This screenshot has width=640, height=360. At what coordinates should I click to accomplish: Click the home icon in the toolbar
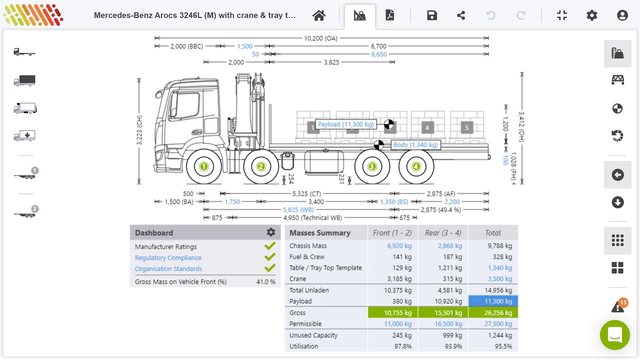coord(319,15)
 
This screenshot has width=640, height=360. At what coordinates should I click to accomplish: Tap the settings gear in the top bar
coord(592,15)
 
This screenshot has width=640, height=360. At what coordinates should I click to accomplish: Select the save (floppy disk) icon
coord(432,15)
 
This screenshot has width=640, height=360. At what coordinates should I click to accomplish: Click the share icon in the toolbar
coord(461,15)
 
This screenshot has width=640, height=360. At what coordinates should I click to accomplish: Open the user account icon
coord(622,15)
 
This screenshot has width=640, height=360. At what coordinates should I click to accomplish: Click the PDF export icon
coord(390,15)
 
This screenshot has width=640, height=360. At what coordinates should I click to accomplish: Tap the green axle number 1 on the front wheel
coord(203,166)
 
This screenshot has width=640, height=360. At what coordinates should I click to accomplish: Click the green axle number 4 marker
coord(416,166)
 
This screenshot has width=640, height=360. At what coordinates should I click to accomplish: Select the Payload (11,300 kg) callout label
coord(345,124)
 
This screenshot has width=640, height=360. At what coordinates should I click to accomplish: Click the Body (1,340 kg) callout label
coord(415,145)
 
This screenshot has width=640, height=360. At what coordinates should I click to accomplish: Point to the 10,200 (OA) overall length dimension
coord(321,38)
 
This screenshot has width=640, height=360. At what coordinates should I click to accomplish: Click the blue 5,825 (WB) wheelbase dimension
coord(298,210)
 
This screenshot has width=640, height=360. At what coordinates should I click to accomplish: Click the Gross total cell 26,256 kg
coord(493,313)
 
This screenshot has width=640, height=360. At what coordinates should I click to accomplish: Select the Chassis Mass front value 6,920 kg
coord(399,246)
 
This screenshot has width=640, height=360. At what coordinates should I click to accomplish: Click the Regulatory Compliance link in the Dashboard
coord(168,258)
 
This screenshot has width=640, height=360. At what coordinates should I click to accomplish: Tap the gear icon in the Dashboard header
coord(271,232)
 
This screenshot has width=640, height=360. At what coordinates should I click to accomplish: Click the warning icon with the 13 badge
coord(617,306)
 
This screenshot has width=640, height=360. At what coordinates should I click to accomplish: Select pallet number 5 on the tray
coord(466,128)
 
